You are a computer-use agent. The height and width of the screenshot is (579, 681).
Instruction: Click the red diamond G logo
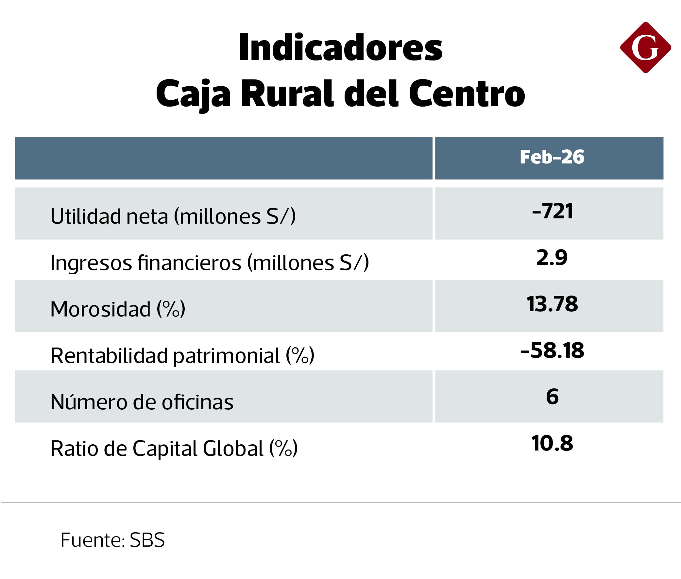tap(645, 48)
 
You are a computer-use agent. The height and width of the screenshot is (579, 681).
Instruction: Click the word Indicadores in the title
tap(340, 48)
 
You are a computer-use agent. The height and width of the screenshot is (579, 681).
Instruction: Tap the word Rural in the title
tap(287, 94)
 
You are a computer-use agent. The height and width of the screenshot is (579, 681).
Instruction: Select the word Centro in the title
tap(467, 94)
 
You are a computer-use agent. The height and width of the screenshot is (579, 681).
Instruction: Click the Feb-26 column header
tap(552, 157)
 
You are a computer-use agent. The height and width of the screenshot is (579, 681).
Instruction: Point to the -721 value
tap(552, 211)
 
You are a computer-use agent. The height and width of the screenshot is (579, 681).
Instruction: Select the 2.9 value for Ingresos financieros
tap(552, 258)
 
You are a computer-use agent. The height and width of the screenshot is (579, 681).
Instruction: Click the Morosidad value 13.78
tap(552, 304)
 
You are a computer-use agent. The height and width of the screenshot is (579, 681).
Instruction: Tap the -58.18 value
tap(552, 350)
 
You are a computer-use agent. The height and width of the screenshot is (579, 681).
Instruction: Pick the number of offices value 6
tap(552, 397)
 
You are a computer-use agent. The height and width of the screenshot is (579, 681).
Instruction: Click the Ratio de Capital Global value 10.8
tap(552, 443)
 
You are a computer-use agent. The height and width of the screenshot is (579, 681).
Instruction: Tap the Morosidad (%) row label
tap(117, 309)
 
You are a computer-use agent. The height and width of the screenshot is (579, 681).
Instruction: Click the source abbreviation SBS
tap(147, 540)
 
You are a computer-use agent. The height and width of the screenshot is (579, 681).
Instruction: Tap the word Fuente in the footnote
tap(91, 540)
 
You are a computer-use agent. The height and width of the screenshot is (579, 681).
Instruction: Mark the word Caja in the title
tap(193, 94)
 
